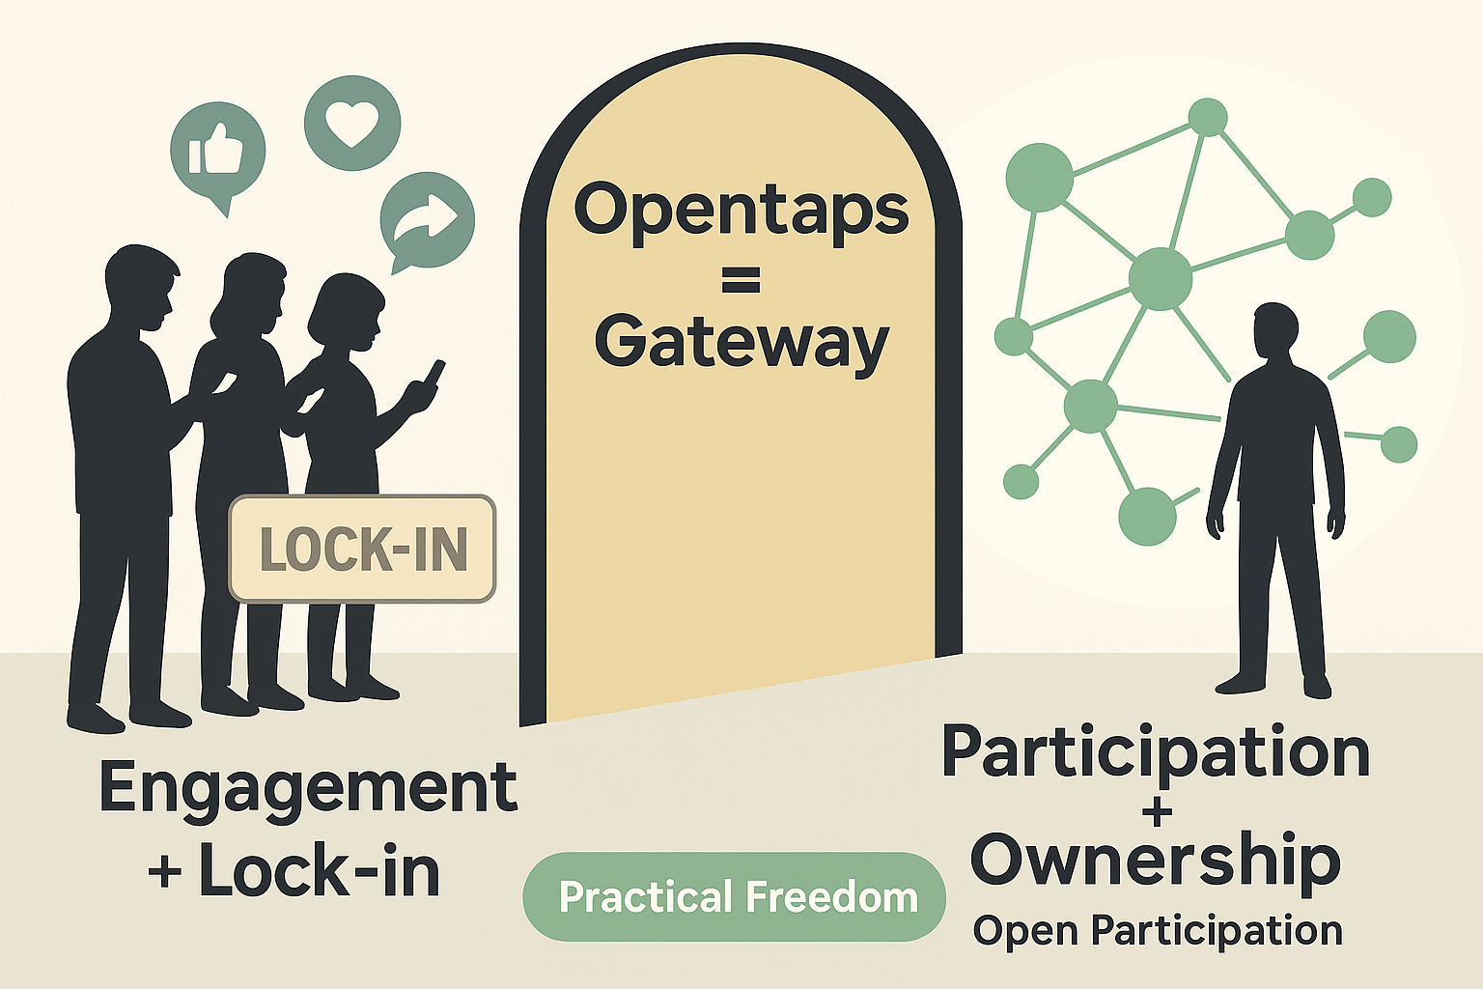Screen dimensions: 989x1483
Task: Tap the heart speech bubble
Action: tap(351, 123)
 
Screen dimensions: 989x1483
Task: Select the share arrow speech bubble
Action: tap(428, 219)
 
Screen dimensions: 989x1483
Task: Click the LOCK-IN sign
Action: tap(362, 549)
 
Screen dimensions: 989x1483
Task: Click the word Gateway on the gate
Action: tap(741, 343)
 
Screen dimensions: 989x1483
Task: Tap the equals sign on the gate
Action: tap(741, 281)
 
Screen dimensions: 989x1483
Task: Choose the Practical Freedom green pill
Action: tap(734, 897)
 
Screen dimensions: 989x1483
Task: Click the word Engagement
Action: tap(308, 788)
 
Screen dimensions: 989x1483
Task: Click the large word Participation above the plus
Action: tap(1156, 754)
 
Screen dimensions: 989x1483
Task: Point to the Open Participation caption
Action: tap(1158, 931)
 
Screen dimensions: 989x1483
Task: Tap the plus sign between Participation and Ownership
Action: tap(1156, 810)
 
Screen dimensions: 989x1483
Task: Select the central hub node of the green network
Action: tap(1161, 278)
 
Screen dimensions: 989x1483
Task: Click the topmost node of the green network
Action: tap(1207, 118)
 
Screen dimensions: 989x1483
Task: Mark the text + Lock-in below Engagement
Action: tap(294, 872)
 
